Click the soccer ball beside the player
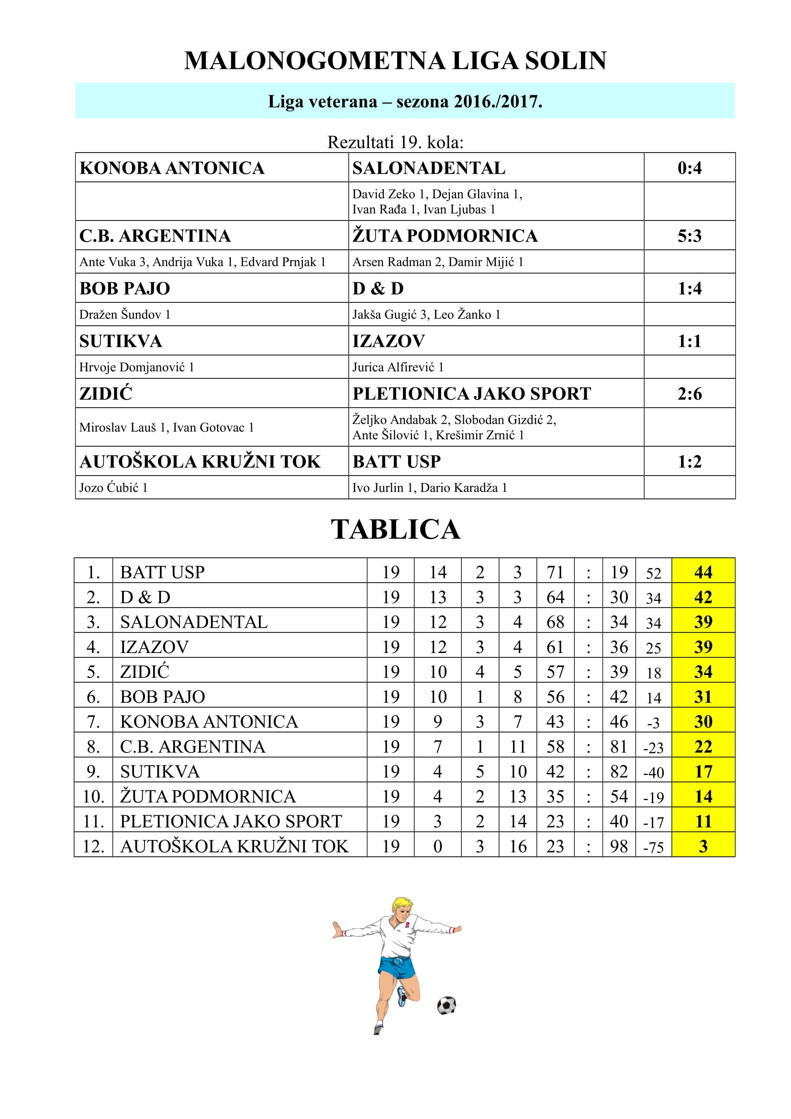(446, 1005)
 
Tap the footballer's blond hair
(402, 904)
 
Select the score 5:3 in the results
(689, 236)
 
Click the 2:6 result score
(689, 394)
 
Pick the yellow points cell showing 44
(703, 572)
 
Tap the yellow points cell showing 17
(703, 772)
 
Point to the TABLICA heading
(395, 529)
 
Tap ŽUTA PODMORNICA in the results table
(445, 236)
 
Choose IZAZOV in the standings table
(154, 647)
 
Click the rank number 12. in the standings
(94, 847)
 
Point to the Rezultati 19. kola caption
(395, 142)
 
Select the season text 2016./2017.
(498, 102)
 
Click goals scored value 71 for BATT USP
(555, 572)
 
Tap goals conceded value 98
(618, 847)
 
